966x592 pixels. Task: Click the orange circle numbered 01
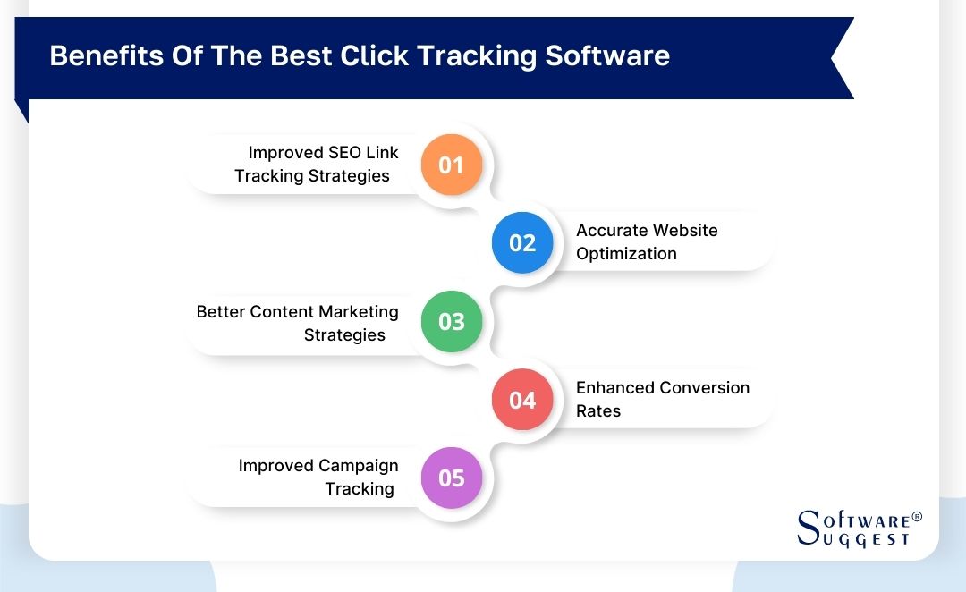tap(452, 165)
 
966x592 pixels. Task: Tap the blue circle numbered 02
tap(522, 243)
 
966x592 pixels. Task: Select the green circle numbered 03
tap(452, 321)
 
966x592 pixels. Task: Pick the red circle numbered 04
tap(522, 400)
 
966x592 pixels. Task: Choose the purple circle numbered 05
tap(452, 478)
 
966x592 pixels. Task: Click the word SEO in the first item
tap(344, 153)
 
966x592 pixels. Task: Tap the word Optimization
tap(626, 254)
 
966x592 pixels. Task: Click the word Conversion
tap(705, 388)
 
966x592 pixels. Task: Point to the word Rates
tap(598, 411)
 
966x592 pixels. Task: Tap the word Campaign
tap(358, 466)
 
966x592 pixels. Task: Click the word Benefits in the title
tap(94, 55)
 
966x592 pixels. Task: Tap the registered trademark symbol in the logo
tap(916, 518)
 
